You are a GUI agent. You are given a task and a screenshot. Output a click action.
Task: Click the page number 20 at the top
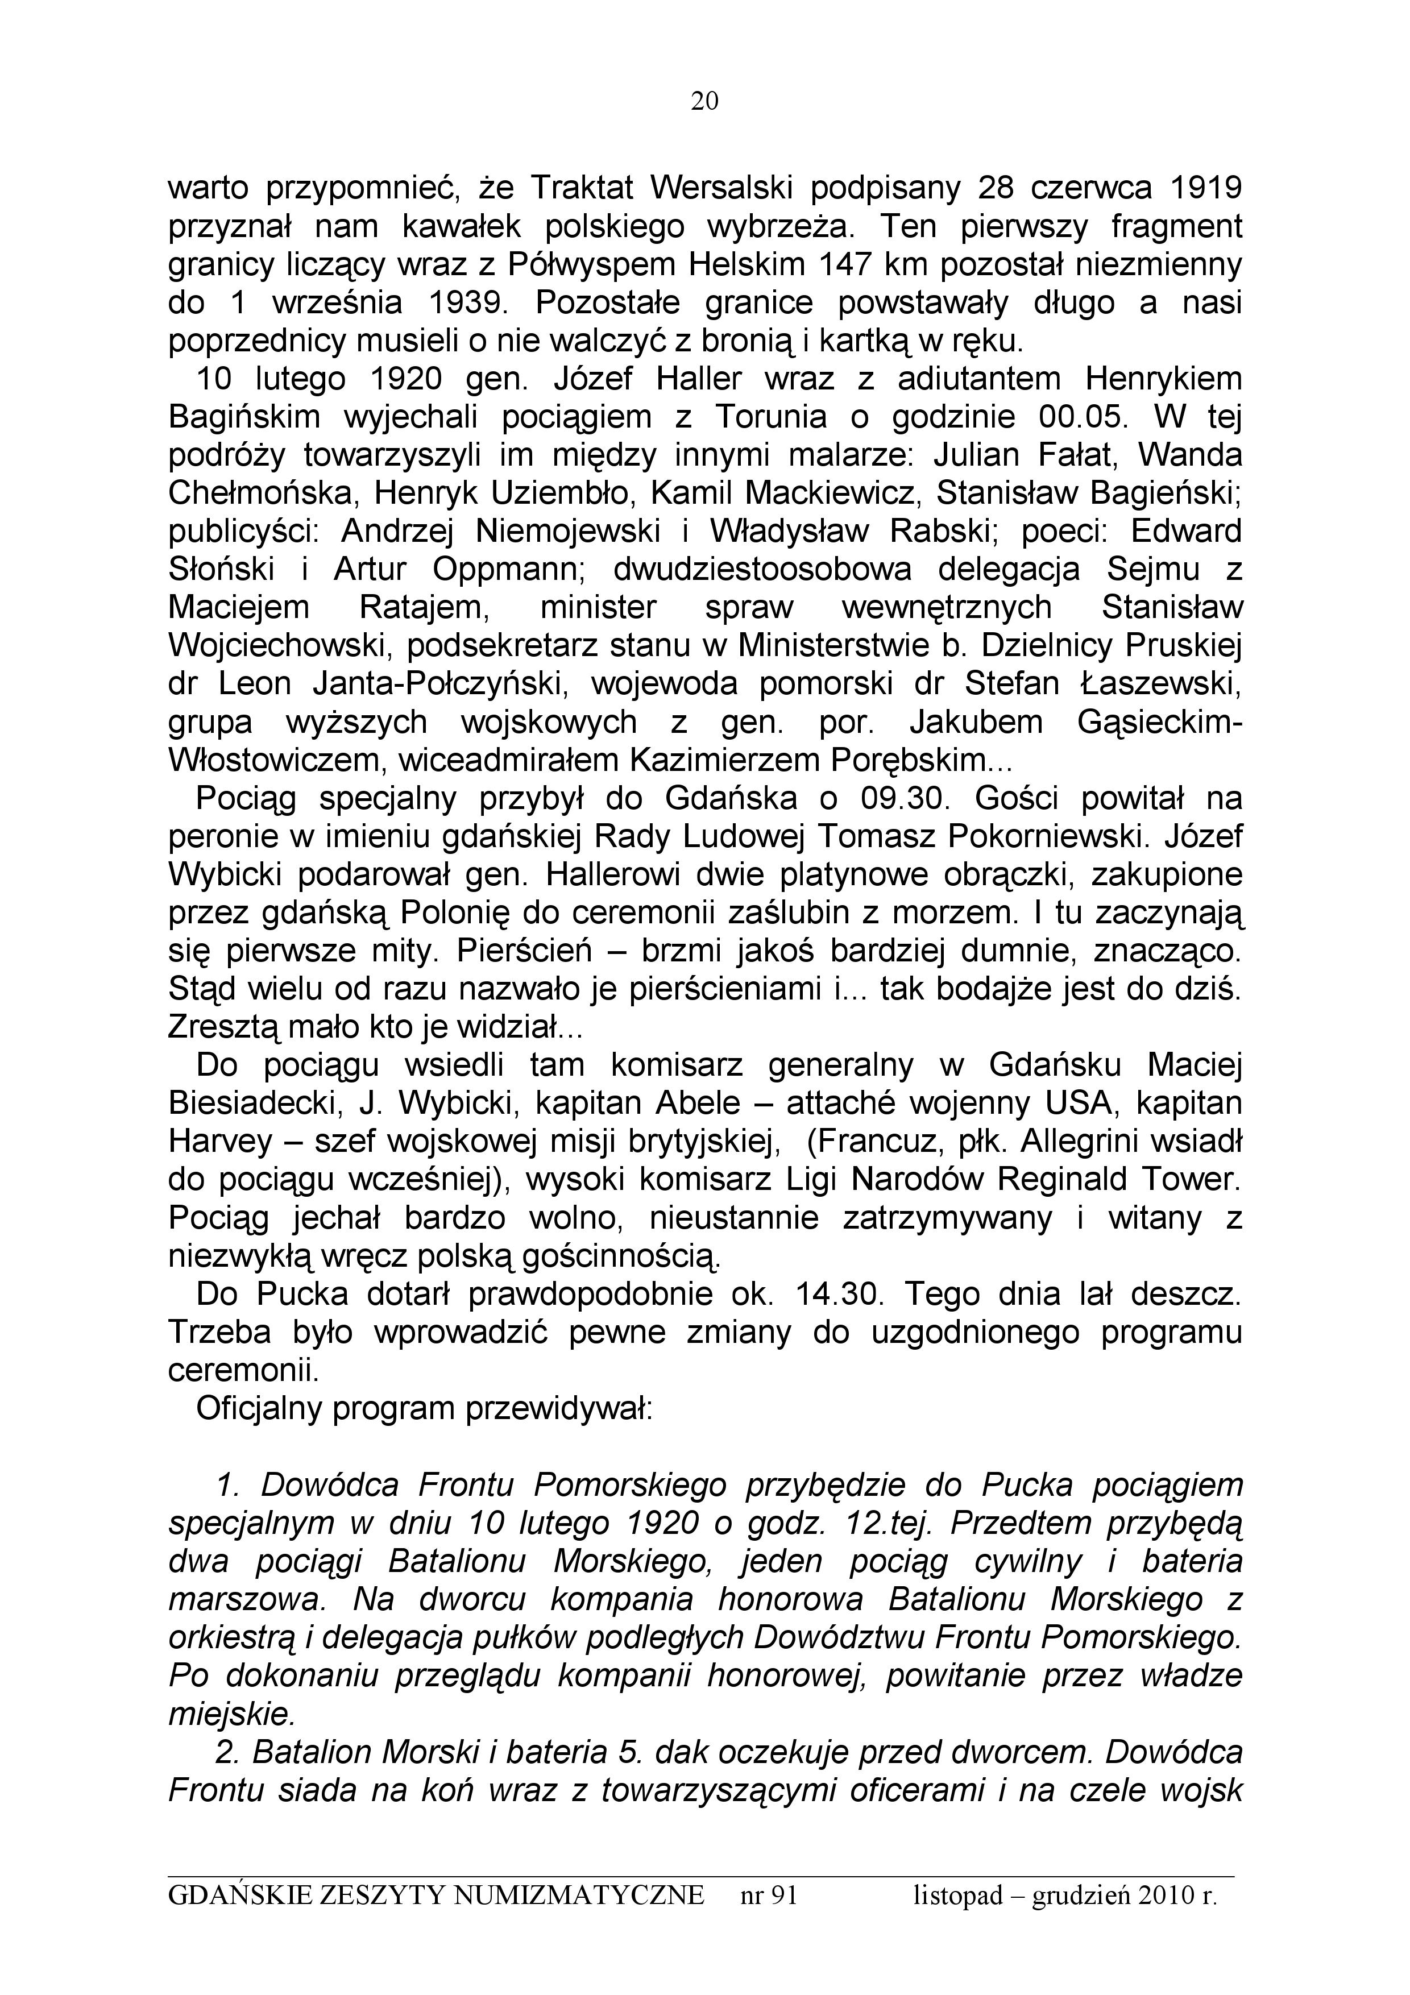704,102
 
